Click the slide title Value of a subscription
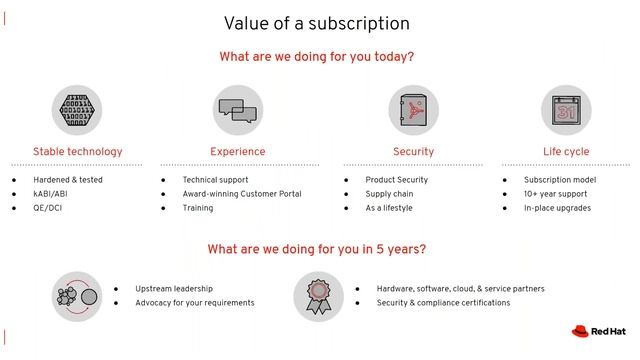pos(316,22)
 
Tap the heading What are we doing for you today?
pos(316,57)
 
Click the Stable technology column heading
pos(77,152)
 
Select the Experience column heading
pos(238,152)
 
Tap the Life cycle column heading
pos(566,152)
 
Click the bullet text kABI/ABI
pos(50,194)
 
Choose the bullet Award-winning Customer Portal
pos(241,194)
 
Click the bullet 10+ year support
pos(555,194)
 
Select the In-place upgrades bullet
pos(557,208)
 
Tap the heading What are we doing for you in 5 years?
pos(316,249)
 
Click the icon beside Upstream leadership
pos(77,296)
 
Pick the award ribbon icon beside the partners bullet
pos(318,296)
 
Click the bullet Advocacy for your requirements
pos(194,303)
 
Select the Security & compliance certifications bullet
pos(443,303)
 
